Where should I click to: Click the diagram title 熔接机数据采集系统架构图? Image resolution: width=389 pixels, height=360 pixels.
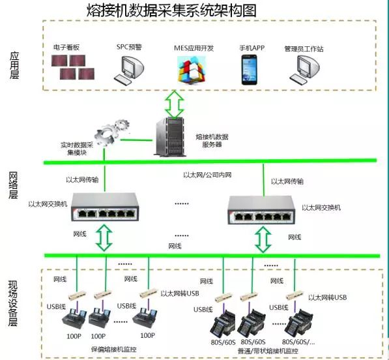(x=171, y=10)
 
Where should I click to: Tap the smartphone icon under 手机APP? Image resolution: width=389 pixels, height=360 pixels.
(x=250, y=70)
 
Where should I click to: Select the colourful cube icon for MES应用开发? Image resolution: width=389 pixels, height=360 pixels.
(x=192, y=69)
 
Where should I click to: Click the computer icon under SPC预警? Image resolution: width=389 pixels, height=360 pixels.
(x=129, y=69)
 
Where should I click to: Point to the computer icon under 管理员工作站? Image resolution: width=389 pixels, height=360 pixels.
(x=305, y=69)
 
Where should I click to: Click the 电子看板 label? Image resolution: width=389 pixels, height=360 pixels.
(x=66, y=48)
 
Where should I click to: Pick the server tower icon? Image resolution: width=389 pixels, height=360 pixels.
(x=170, y=136)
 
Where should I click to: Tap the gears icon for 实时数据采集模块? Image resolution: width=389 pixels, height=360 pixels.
(x=111, y=132)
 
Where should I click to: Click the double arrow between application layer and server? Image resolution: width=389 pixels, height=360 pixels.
(x=175, y=104)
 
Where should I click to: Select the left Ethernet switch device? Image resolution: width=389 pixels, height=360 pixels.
(x=105, y=207)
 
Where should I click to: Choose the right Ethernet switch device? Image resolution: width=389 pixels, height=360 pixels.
(x=261, y=210)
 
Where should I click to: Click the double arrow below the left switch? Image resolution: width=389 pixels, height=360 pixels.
(x=104, y=238)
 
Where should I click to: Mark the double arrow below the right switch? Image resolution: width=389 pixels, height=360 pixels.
(x=263, y=239)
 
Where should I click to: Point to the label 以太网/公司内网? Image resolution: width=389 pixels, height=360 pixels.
(x=207, y=175)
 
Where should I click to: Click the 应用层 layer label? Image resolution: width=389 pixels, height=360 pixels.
(x=14, y=66)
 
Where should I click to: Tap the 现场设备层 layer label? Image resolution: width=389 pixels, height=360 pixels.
(x=13, y=303)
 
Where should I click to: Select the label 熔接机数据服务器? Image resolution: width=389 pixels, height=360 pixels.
(x=212, y=141)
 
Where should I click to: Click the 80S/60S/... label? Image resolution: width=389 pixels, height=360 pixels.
(x=298, y=342)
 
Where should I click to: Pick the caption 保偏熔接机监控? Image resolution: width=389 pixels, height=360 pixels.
(x=114, y=350)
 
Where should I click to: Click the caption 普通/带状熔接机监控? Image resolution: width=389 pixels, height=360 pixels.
(x=268, y=351)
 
